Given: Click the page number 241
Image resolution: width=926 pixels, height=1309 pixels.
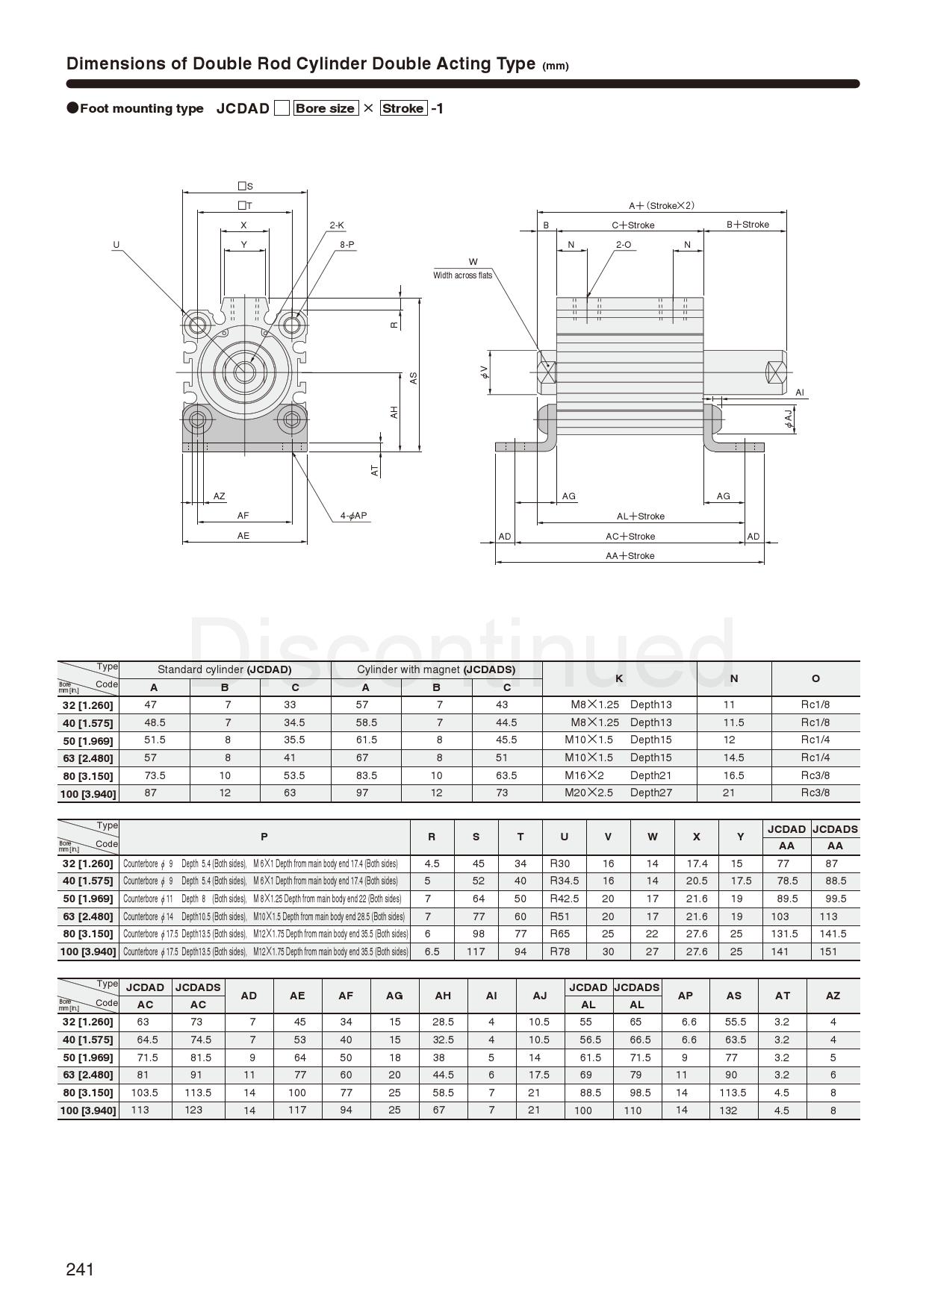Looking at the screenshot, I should click(x=80, y=1269).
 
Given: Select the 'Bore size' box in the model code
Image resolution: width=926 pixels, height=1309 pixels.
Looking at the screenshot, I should click(x=325, y=108).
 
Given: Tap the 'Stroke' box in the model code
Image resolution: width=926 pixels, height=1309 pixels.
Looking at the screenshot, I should click(x=403, y=108).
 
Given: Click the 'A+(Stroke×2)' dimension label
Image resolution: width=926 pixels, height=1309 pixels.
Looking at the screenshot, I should click(x=661, y=205).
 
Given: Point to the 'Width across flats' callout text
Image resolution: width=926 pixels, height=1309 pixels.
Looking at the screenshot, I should click(x=463, y=275).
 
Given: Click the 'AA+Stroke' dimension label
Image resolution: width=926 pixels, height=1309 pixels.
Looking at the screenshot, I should click(x=630, y=556).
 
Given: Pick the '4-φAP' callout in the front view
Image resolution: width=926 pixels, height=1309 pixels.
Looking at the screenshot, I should click(x=353, y=516).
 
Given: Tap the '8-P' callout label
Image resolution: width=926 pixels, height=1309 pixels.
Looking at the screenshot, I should click(x=347, y=244).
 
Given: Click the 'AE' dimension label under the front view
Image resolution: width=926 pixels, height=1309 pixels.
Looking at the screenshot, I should click(x=243, y=536).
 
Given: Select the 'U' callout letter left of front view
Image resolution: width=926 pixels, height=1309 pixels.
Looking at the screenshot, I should click(x=116, y=245).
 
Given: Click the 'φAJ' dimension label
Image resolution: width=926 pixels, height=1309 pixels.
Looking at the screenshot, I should click(x=789, y=419).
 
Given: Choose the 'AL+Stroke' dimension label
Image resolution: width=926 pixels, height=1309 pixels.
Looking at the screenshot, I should click(x=640, y=516).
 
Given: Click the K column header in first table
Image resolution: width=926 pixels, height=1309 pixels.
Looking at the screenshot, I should click(x=619, y=678).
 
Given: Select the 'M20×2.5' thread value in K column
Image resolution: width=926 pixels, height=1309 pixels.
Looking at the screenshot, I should click(x=589, y=793).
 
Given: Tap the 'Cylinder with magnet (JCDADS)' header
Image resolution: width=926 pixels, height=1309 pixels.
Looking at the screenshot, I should click(x=436, y=669).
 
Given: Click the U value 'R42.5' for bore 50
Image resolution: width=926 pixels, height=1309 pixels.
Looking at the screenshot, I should click(x=564, y=899).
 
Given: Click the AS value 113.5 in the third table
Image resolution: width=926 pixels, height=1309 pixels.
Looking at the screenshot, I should click(x=733, y=1093).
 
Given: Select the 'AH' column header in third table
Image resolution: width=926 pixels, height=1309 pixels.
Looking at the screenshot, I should click(x=443, y=996).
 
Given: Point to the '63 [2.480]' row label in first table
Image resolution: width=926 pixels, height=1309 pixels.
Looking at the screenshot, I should click(x=88, y=758).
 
